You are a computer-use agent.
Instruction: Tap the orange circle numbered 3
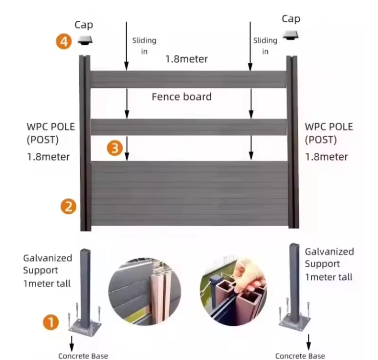pyautogui.click(x=115, y=148)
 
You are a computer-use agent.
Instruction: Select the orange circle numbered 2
pyautogui.click(x=68, y=206)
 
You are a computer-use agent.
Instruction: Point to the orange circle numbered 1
pyautogui.click(x=50, y=323)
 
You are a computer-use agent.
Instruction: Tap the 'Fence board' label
pyautogui.click(x=182, y=96)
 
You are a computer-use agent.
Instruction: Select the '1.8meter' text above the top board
pyautogui.click(x=187, y=59)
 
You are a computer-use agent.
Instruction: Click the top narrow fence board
pyautogui.click(x=188, y=80)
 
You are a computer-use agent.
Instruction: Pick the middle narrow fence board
pyautogui.click(x=188, y=127)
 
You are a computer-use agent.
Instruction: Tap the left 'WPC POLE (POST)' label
pyautogui.click(x=50, y=133)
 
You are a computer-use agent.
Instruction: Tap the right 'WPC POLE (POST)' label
pyautogui.click(x=329, y=133)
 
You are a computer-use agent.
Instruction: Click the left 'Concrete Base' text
pyautogui.click(x=83, y=356)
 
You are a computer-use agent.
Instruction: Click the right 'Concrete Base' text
pyautogui.click(x=300, y=356)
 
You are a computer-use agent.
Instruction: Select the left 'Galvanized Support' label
pyautogui.click(x=47, y=264)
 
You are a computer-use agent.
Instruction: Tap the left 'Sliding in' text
pyautogui.click(x=144, y=45)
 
